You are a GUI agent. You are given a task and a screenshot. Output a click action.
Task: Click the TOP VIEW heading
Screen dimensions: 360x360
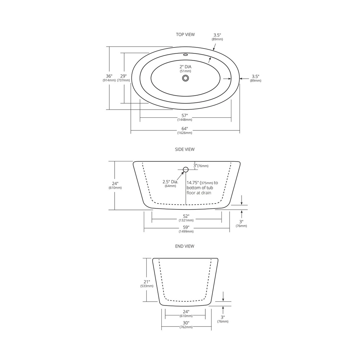tap(185, 34)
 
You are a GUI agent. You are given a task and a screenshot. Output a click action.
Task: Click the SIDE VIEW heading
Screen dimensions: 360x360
tap(185, 149)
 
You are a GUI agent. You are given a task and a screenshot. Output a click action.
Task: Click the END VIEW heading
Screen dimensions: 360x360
tap(185, 246)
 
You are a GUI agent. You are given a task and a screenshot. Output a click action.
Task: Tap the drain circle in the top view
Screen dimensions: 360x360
tap(186, 78)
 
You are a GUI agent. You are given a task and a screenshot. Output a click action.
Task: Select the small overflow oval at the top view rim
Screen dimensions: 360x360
tap(185, 55)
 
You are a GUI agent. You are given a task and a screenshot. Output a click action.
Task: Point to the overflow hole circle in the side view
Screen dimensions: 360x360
tap(186, 170)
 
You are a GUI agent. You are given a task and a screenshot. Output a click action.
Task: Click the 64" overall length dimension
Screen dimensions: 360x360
tap(185, 129)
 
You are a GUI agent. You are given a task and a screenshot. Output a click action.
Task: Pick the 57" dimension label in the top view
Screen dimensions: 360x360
tap(185, 115)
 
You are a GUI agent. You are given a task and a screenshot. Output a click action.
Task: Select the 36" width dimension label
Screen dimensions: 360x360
tap(109, 76)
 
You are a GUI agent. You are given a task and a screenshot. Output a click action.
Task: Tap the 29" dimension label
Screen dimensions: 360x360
tap(123, 76)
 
